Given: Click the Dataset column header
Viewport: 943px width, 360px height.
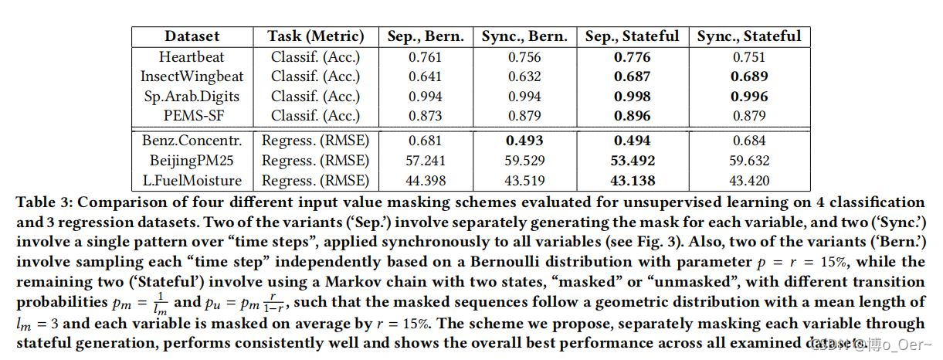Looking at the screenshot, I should coord(192,36).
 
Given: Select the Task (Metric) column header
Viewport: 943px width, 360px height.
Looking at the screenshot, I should coord(315,36).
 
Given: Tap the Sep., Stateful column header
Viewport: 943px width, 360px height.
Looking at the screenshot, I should coord(632,36).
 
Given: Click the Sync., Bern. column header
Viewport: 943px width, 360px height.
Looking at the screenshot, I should coord(524,36).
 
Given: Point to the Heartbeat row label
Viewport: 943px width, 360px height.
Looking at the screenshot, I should coord(192,56).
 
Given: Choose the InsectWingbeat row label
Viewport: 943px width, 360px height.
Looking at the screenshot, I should coord(192,76).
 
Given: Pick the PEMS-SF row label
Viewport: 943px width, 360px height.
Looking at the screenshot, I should coord(192,117).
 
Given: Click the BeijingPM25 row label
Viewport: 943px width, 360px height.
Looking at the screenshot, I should coord(192,161).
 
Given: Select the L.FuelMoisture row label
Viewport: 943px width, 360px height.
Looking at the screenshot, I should coord(192,181).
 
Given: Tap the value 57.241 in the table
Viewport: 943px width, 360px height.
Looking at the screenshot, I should coord(426,161).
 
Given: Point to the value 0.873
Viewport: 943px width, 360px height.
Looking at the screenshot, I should coord(426,117).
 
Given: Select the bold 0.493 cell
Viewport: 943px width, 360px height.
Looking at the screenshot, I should coord(524,141).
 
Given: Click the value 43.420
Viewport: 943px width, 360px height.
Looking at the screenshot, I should coord(749,181).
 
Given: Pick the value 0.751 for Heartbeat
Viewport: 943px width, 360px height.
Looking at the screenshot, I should coord(749,56).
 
